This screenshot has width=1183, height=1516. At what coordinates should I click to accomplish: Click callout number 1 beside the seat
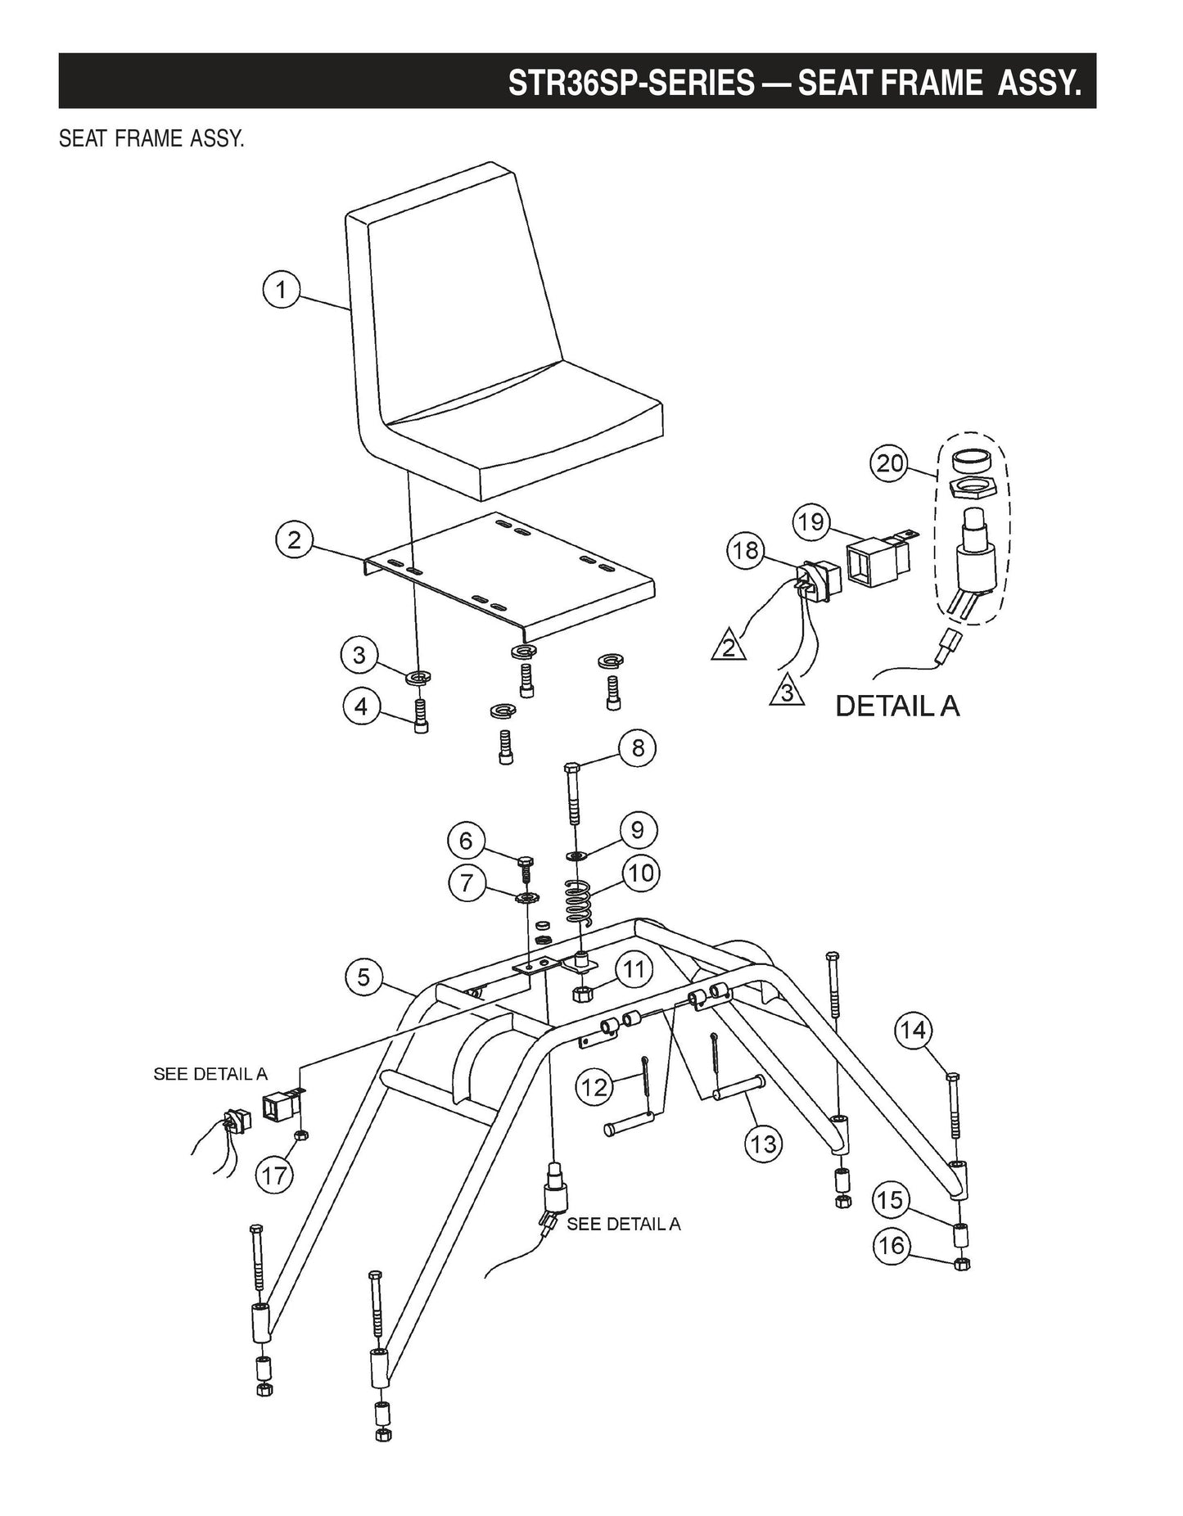click(281, 290)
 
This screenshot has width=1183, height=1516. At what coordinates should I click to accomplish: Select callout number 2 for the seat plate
click(294, 540)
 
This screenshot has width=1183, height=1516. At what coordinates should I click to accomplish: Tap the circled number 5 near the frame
click(363, 977)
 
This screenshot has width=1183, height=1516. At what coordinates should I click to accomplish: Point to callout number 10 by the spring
click(641, 873)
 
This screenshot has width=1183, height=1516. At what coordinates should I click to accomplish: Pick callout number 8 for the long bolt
click(638, 747)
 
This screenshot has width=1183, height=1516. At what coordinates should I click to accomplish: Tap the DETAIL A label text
click(896, 706)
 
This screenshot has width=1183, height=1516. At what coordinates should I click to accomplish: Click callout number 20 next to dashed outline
click(890, 464)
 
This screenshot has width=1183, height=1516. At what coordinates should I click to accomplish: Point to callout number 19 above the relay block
click(811, 521)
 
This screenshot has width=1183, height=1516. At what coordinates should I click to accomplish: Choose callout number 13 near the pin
click(763, 1143)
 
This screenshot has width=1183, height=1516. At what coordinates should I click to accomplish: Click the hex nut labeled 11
click(580, 994)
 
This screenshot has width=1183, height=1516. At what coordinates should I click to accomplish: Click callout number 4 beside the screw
click(361, 706)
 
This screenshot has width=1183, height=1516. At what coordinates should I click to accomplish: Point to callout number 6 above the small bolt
click(466, 841)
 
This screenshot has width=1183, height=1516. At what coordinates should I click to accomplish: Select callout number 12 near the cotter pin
click(594, 1087)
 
